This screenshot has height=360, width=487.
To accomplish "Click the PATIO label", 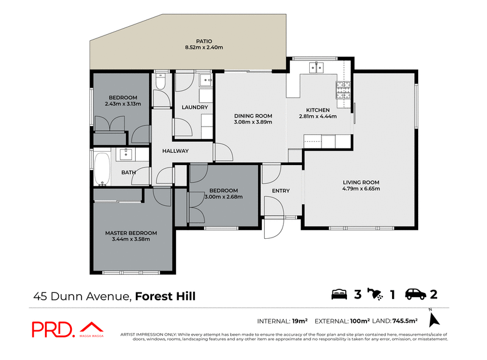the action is tap(204, 41).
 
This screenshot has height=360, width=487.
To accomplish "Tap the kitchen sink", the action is tap(316, 68).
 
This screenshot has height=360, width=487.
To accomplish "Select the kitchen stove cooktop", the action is tap(343, 90).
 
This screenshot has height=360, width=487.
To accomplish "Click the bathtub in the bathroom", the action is tap(102, 169).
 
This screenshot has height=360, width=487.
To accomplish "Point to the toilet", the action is tap(160, 81).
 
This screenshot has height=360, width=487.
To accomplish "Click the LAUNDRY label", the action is tap(195, 107).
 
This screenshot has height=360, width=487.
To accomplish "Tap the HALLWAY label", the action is tap(175, 151).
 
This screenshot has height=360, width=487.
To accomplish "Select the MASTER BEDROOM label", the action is tap(131, 233).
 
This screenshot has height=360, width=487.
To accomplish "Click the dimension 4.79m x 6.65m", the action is tap(361, 189).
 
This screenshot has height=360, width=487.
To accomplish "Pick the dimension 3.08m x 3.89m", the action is tap(253, 122).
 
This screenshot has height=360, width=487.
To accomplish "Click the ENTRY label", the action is tap(281, 191).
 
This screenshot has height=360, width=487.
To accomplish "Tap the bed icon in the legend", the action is tap(339, 294).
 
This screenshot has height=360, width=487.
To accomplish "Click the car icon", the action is tap(416, 294).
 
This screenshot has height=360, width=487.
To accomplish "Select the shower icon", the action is tap(375, 294).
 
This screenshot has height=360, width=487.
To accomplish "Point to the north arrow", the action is tap(434, 320).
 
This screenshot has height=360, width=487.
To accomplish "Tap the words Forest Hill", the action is tap(165, 296).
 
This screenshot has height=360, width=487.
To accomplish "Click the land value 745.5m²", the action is tap(405, 321).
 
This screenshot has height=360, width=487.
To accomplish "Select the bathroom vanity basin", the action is tap(126, 154).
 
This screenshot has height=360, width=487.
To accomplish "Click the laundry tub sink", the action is tap(206, 80).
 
